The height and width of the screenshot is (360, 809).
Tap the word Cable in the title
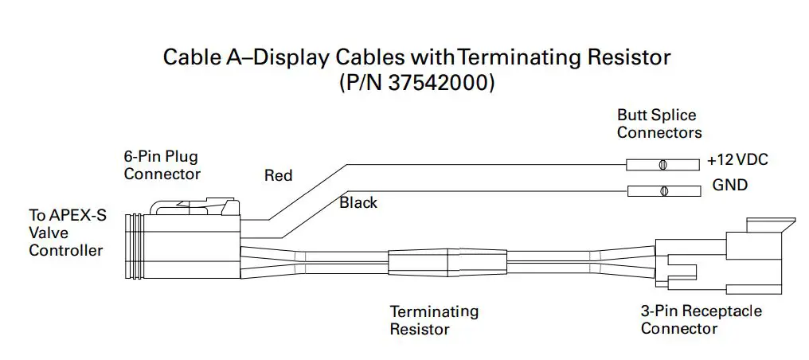[189, 57]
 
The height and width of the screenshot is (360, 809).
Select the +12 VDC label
[737, 161]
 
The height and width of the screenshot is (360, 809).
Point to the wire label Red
[278, 175]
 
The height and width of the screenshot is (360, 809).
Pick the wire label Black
[358, 202]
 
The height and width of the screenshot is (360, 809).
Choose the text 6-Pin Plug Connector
[162, 166]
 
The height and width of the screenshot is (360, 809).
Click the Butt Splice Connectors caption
[659, 123]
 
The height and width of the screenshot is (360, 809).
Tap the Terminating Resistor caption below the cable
[433, 319]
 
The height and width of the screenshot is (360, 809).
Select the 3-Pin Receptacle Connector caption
[701, 319]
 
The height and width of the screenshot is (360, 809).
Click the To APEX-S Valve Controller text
[66, 233]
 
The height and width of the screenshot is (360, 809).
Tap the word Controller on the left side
[66, 251]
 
